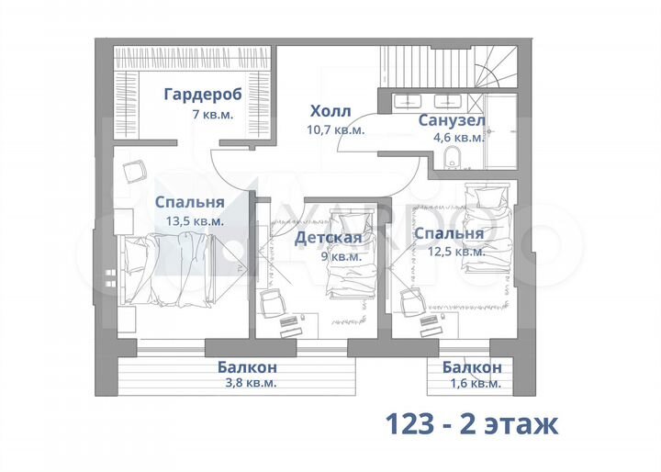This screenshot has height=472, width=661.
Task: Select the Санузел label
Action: [452, 120]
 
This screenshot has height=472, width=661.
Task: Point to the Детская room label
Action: [328, 239]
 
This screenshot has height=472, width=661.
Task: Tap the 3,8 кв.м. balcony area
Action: [247, 383]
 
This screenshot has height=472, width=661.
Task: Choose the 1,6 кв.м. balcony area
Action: [472, 383]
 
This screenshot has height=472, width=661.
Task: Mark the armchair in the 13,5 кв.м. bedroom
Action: [134, 171]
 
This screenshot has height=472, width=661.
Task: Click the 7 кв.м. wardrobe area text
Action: [212, 115]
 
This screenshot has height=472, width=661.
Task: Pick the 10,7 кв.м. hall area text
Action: [335, 129]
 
